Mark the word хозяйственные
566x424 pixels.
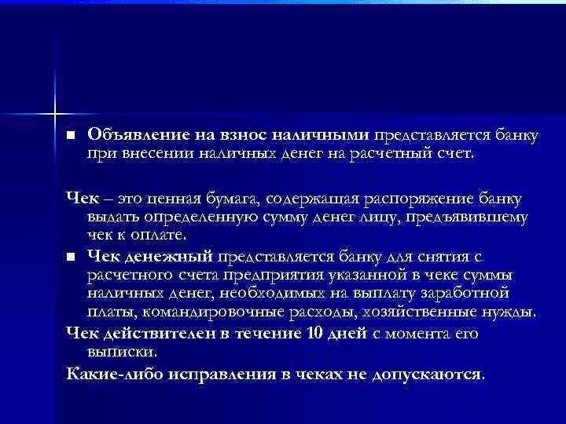[426, 311]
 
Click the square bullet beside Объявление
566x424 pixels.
[71, 136]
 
